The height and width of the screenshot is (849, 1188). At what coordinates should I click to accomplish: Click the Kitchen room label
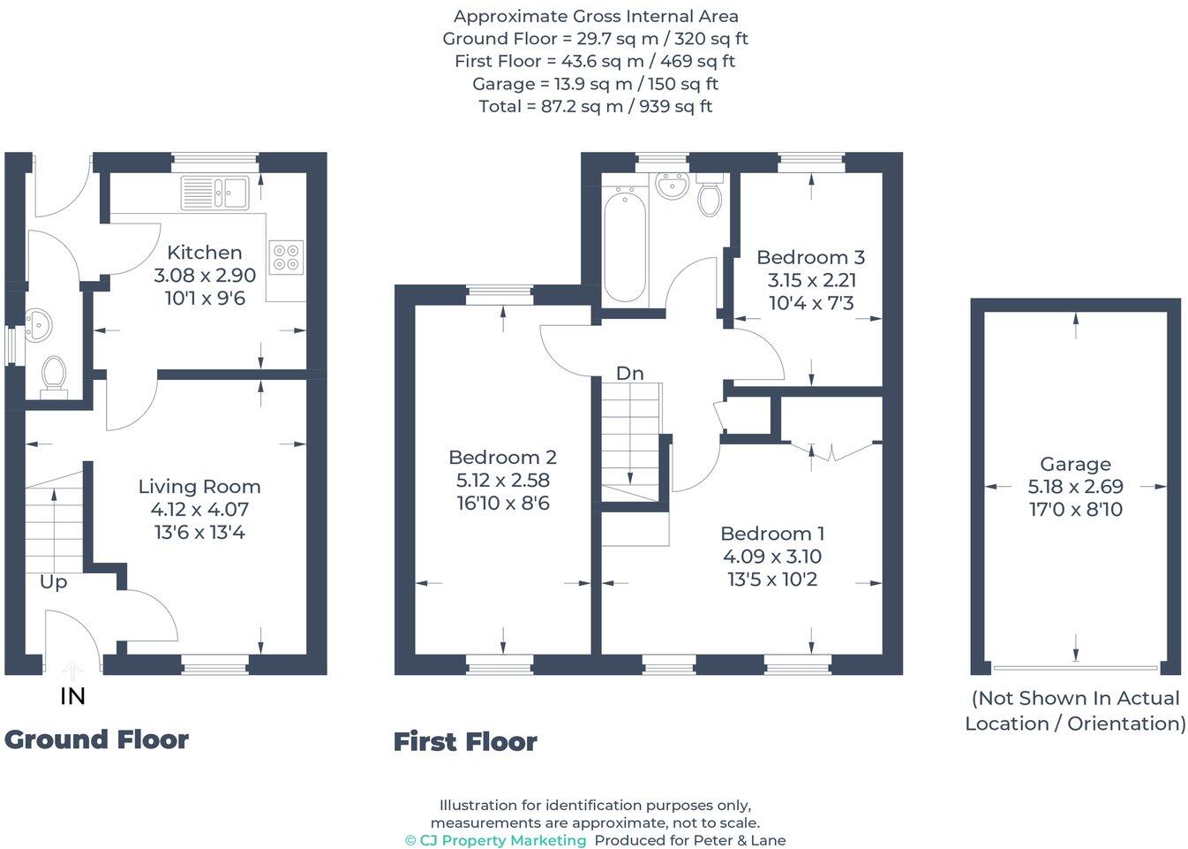(x=204, y=253)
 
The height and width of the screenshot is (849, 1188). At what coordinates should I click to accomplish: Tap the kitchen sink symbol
(x=215, y=193)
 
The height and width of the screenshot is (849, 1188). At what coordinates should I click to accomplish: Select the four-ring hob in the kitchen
(x=286, y=257)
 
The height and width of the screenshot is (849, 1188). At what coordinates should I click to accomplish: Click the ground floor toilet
(x=54, y=375)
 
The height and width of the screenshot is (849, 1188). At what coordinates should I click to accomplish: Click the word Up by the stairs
(x=53, y=582)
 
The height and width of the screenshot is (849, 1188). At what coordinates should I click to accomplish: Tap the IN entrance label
(x=72, y=696)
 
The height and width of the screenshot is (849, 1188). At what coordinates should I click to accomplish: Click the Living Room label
(x=199, y=486)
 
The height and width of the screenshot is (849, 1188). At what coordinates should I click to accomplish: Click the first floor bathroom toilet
(x=710, y=196)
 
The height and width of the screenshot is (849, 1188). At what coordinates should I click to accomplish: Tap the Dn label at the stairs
(x=629, y=374)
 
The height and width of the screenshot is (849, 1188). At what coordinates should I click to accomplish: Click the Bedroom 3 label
(x=810, y=257)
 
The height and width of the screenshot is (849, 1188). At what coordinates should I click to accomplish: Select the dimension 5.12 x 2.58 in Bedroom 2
(x=502, y=480)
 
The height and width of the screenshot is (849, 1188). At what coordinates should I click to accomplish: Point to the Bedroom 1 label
(x=772, y=534)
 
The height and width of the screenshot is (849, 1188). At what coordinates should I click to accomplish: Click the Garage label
(x=1075, y=464)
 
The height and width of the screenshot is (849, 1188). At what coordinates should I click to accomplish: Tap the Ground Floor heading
(x=96, y=739)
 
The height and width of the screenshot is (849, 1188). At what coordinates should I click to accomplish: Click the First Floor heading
(x=465, y=741)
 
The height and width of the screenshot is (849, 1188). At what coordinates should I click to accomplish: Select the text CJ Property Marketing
(x=502, y=840)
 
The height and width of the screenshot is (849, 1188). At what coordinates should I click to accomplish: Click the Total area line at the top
(x=595, y=107)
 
